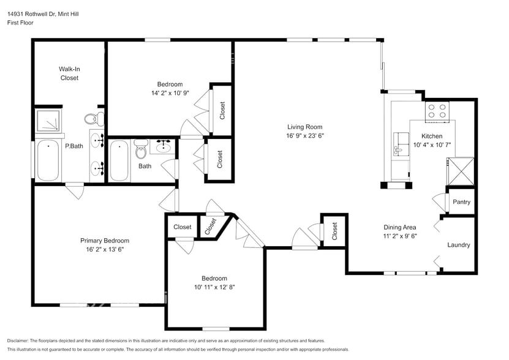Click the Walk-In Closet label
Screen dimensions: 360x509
point(69,73)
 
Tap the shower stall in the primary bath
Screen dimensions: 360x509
point(48,122)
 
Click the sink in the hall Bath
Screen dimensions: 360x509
point(163,146)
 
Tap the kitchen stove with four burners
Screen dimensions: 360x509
point(437,111)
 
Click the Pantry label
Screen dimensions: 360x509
point(461,202)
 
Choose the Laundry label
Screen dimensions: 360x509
point(459,245)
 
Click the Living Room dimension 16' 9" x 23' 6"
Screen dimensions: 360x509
point(304,136)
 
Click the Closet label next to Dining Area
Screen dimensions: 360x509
point(334,231)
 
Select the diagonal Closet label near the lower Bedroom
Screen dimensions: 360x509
point(210,226)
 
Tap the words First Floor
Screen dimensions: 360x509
point(20,23)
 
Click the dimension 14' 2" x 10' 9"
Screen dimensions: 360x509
point(170,93)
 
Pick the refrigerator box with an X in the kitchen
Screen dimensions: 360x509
point(461,171)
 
